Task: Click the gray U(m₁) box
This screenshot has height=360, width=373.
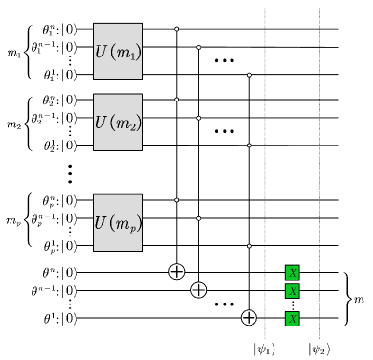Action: point(118,52)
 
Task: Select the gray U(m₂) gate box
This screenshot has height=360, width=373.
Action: point(118,122)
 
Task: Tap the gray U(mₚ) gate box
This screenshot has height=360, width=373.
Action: point(118,222)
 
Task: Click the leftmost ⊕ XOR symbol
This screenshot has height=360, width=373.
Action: point(176,271)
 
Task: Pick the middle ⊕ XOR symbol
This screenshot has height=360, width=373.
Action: point(198,290)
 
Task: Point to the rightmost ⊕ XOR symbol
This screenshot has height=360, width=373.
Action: point(249,318)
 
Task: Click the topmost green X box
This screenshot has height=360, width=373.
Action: point(293,273)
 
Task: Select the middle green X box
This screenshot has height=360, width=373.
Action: point(293,291)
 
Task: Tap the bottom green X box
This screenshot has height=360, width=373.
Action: point(293,319)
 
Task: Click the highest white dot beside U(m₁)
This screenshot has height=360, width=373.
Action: point(176,29)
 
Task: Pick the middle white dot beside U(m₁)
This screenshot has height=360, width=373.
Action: point(198,47)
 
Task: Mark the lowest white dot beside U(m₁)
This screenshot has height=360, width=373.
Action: point(249,75)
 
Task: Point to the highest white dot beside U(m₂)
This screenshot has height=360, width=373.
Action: point(176,100)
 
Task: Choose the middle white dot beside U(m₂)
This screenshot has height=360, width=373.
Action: point(198,118)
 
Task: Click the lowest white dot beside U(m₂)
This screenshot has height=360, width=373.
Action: point(249,146)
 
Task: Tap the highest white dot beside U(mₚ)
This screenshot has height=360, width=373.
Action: point(176,200)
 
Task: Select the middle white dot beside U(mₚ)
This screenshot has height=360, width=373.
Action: point(198,218)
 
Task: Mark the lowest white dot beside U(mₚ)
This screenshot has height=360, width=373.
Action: point(249,246)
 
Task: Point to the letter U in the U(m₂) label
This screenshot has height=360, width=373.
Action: point(100,122)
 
